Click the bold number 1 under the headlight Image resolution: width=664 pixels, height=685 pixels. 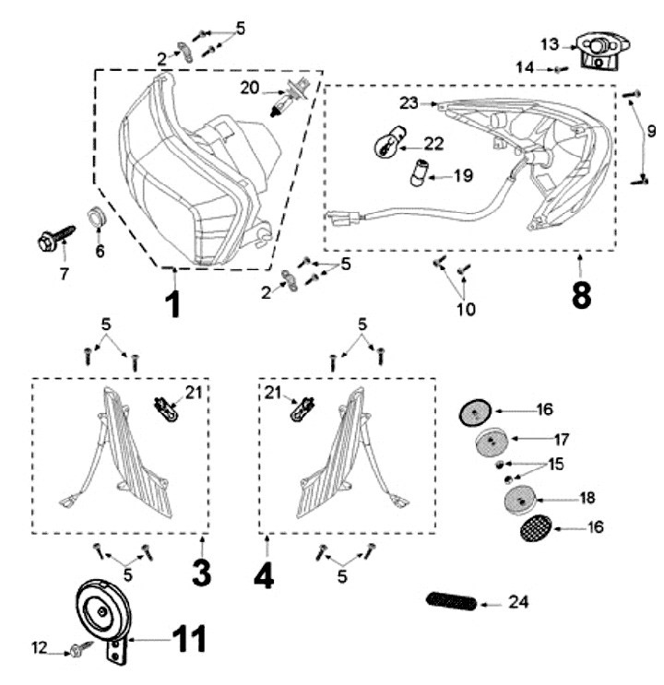pos(173,303)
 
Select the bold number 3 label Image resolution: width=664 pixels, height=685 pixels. pos(202,573)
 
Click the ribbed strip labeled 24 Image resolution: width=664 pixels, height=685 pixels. pos(452,601)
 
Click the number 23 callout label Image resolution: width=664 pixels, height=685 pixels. pos(409,103)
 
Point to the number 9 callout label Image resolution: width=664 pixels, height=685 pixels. pos(650,129)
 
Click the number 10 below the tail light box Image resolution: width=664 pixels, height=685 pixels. pos(466,309)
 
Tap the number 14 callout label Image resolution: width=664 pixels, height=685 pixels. pos(525,68)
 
